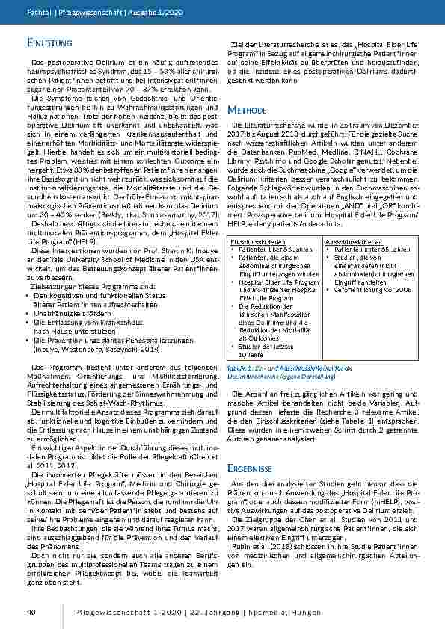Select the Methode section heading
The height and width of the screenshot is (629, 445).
(x=244, y=108)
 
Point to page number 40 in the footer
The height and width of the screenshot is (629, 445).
(x=31, y=612)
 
